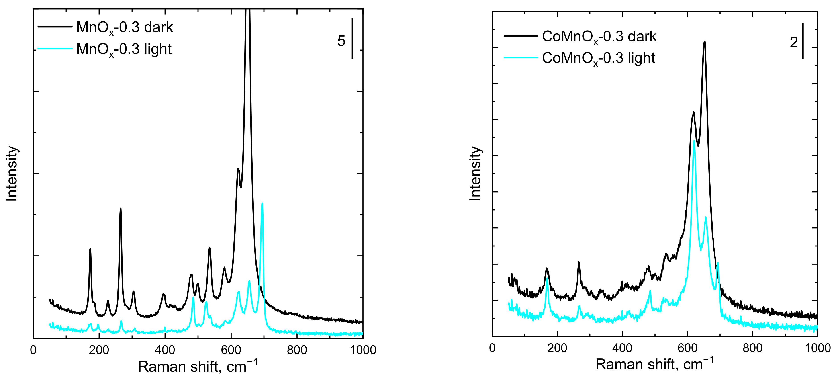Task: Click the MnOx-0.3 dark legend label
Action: [x=124, y=27]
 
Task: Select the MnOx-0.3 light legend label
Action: [x=124, y=49]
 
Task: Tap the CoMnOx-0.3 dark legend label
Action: [x=599, y=37]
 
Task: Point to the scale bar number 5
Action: [x=341, y=41]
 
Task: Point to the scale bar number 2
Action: [x=794, y=43]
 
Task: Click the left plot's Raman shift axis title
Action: [x=198, y=366]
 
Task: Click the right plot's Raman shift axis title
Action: [x=654, y=364]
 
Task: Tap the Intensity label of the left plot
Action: [x=12, y=173]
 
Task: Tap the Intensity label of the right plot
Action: [x=475, y=173]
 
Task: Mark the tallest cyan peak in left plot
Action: [x=262, y=204]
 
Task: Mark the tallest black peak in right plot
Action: [x=705, y=42]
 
